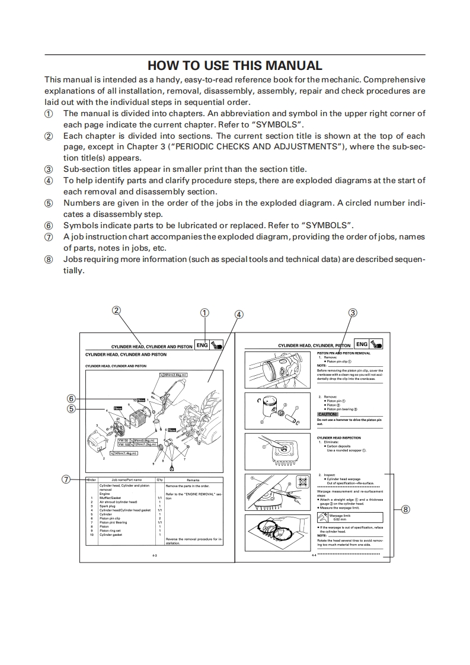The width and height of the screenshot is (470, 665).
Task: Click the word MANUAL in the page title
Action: [290, 65]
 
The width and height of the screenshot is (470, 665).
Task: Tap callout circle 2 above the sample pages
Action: [117, 310]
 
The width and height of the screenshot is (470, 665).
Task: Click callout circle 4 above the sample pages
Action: [239, 315]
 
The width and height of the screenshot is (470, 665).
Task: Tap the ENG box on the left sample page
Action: [202, 345]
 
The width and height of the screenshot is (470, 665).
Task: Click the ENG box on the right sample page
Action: [360, 345]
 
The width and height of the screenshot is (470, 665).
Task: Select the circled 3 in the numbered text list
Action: [49, 170]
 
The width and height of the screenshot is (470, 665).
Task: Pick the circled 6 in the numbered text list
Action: [49, 226]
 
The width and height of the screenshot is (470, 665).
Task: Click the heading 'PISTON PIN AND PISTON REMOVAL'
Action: [344, 353]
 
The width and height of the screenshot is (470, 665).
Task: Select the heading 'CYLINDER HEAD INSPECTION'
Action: [338, 438]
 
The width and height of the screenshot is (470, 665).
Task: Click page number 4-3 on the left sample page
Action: [154, 556]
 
